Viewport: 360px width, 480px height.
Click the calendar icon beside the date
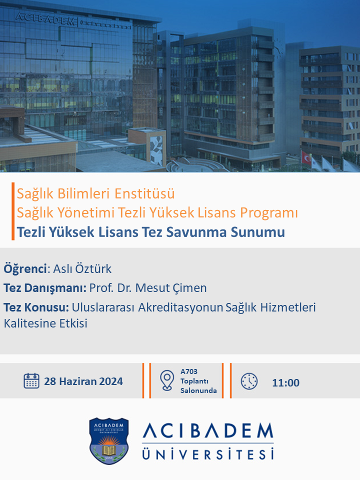31,381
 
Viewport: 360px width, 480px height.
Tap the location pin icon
167,380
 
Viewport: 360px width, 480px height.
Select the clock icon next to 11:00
249,381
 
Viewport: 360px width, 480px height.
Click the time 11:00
285,382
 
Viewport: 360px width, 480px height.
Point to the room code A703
189,371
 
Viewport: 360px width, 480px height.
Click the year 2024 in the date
111,381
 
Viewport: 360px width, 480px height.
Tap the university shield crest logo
108,441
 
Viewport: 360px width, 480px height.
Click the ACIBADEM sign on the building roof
45,18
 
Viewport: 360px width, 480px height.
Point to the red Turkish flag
306,157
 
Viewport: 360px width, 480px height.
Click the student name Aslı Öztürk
82,269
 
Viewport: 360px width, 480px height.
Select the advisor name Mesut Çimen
171,288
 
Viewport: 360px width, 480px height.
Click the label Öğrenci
25,269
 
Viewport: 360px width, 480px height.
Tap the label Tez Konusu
36,307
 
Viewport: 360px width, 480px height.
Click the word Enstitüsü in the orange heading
144,193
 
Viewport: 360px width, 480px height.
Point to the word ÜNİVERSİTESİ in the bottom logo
208,454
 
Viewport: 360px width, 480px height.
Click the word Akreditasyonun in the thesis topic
180,307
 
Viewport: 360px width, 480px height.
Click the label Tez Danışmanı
45,288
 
